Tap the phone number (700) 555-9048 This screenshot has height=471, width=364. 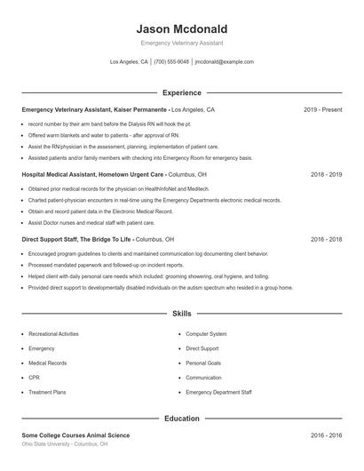(171, 62)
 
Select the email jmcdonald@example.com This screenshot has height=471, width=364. (224, 62)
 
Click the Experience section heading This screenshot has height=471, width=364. (181, 92)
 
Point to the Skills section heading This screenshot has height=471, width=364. (181, 314)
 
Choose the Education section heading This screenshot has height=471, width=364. (181, 418)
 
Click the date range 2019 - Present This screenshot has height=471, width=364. (322, 110)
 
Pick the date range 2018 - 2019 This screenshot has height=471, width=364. (326, 175)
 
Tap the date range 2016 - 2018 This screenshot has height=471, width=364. (326, 240)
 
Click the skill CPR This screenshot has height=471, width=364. (34, 378)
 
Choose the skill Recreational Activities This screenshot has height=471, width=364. (53, 334)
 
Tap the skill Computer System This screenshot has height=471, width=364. (206, 334)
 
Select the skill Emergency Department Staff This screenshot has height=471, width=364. (218, 392)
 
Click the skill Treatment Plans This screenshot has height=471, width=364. (47, 392)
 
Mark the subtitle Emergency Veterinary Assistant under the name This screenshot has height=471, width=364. (181, 43)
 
